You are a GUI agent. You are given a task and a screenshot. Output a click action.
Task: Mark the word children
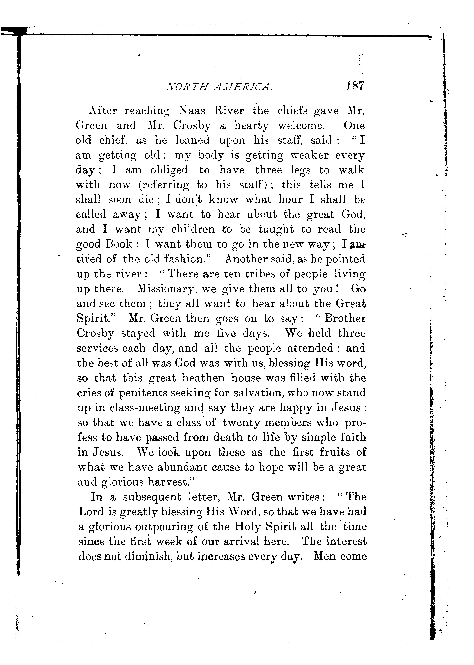pyautogui.click(x=193, y=229)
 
